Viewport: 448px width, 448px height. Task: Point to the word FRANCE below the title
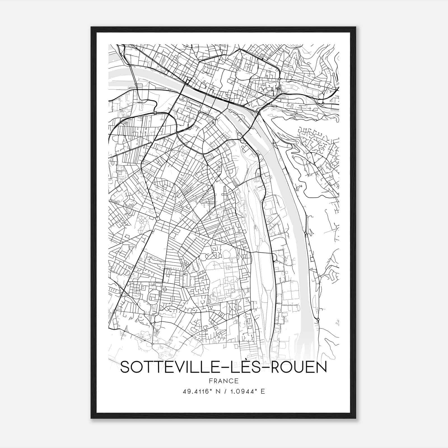[x=223, y=381]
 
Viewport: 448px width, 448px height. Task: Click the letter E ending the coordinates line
[x=263, y=391]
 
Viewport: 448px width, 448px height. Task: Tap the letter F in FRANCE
[x=211, y=381]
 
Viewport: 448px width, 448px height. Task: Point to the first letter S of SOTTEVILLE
[x=125, y=367]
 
